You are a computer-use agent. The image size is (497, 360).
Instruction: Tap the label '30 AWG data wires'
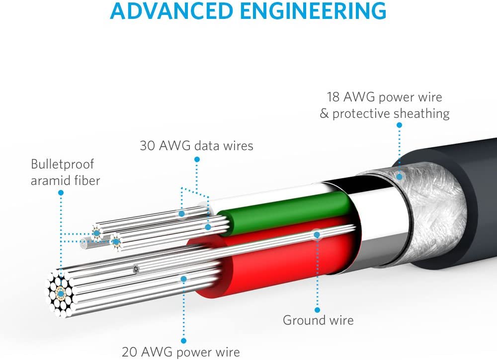[196, 146]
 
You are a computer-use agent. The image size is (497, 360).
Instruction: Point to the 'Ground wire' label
[318, 320]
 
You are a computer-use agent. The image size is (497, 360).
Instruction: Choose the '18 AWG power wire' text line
[384, 96]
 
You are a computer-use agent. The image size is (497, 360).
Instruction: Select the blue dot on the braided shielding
[398, 176]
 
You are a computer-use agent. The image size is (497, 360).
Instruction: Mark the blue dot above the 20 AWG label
[183, 279]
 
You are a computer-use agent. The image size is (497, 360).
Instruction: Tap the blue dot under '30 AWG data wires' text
[197, 160]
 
